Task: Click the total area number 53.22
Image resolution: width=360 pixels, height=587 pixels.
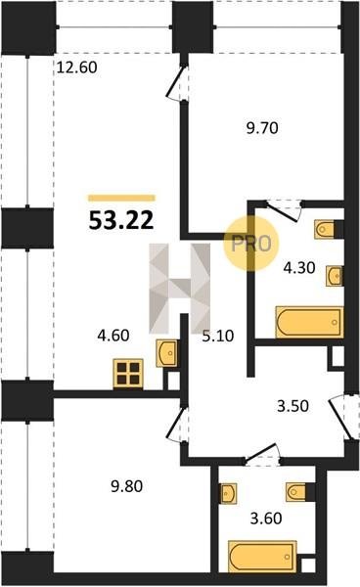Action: point(121,220)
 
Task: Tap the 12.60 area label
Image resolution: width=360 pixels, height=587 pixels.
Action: point(77,68)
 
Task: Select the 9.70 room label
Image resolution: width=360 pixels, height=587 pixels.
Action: point(262,128)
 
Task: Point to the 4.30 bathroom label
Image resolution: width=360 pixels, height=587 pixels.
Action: point(299,268)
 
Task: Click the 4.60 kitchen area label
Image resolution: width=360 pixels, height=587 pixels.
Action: point(113,335)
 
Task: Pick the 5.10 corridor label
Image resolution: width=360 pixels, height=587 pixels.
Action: point(218,336)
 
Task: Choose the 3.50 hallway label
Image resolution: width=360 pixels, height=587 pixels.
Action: point(293,406)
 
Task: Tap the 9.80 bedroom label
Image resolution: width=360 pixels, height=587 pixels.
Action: point(127,486)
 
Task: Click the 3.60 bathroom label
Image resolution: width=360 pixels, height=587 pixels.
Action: point(266,519)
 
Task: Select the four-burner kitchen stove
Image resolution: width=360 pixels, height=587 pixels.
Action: point(128,374)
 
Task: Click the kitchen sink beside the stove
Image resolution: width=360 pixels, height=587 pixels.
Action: point(167,353)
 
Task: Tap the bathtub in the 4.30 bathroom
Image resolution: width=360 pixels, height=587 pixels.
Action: point(309,322)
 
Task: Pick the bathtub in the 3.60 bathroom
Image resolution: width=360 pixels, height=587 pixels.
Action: point(262,556)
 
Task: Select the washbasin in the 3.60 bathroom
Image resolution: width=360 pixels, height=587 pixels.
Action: point(228,493)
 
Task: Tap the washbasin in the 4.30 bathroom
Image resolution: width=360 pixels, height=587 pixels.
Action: point(335,276)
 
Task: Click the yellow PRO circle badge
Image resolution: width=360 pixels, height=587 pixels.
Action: point(251,244)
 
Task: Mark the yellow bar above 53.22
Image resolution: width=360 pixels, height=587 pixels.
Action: point(121,198)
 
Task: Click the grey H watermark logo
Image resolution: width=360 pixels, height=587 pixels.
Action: point(180,289)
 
